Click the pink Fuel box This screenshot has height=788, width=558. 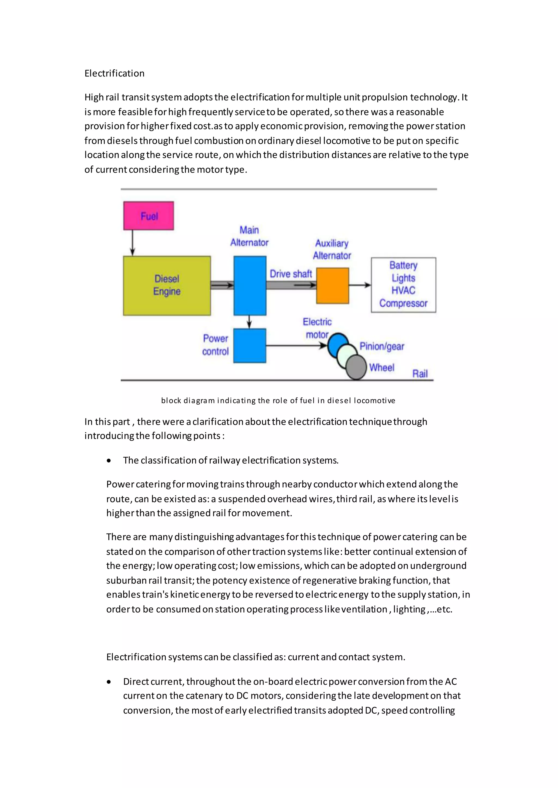148,216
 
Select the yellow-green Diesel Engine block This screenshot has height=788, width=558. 167,285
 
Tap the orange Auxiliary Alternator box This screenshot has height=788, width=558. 332,285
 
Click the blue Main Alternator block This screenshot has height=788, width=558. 250,285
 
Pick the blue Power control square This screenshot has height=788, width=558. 250,345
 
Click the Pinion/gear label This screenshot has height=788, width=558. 381,346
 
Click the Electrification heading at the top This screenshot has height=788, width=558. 114,73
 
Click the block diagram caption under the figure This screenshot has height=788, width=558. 278,400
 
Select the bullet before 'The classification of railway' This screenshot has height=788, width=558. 109,461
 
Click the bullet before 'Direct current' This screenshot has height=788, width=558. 109,682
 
